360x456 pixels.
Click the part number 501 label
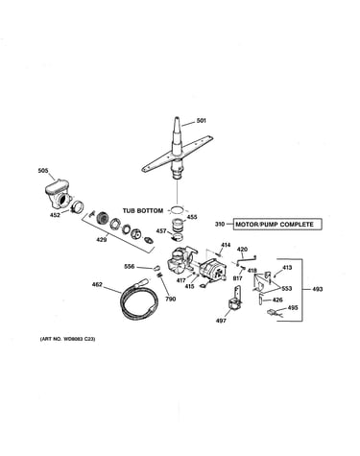pos(202,121)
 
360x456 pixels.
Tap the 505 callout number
pos(43,171)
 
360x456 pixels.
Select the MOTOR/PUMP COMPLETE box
pos(277,225)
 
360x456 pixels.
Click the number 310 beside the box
pos(220,225)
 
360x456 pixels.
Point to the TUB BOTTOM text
pos(143,211)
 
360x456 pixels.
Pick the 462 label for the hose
pos(97,284)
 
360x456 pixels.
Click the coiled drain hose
pos(138,298)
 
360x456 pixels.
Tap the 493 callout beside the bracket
pos(318,289)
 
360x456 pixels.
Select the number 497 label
pos(221,321)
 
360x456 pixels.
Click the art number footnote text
pos(67,339)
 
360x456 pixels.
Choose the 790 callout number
pos(171,300)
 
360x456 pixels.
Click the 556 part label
pos(130,267)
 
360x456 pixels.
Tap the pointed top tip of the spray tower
pos(178,118)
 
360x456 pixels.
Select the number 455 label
pos(192,217)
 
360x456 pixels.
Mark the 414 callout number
pos(226,245)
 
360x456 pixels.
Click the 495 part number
pos(293,308)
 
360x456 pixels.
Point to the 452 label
pos(55,215)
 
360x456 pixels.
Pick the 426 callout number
pos(277,300)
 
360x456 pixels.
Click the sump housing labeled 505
pos(59,194)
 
